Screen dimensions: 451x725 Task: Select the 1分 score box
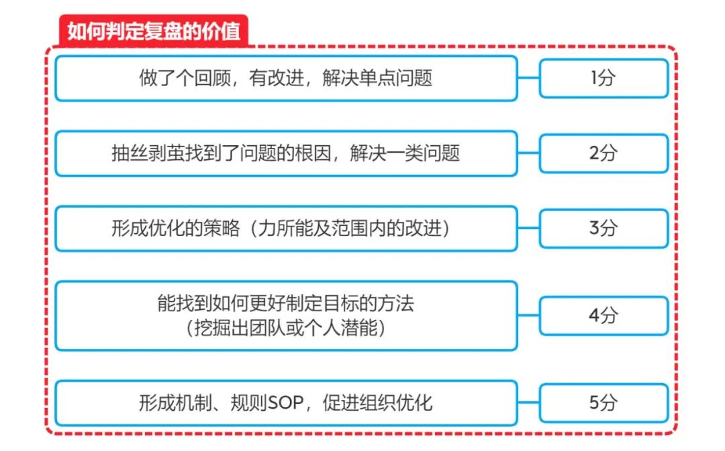[x=603, y=78]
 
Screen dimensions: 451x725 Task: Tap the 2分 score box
[x=603, y=153]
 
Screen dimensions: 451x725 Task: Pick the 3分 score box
[x=603, y=229]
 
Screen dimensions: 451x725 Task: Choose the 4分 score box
[x=603, y=315]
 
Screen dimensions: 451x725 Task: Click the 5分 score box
[x=603, y=403]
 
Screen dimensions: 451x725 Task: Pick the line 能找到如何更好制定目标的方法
[x=286, y=304]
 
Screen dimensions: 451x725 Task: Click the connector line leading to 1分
[x=528, y=78]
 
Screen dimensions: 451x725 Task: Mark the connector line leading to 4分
[x=528, y=315]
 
